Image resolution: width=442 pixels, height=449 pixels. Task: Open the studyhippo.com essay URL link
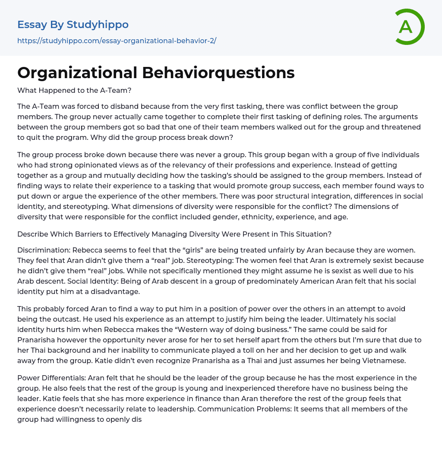[117, 41]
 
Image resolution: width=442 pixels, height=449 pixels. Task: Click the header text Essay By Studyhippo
[73, 25]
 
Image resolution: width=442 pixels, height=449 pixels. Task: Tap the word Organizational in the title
[77, 73]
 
